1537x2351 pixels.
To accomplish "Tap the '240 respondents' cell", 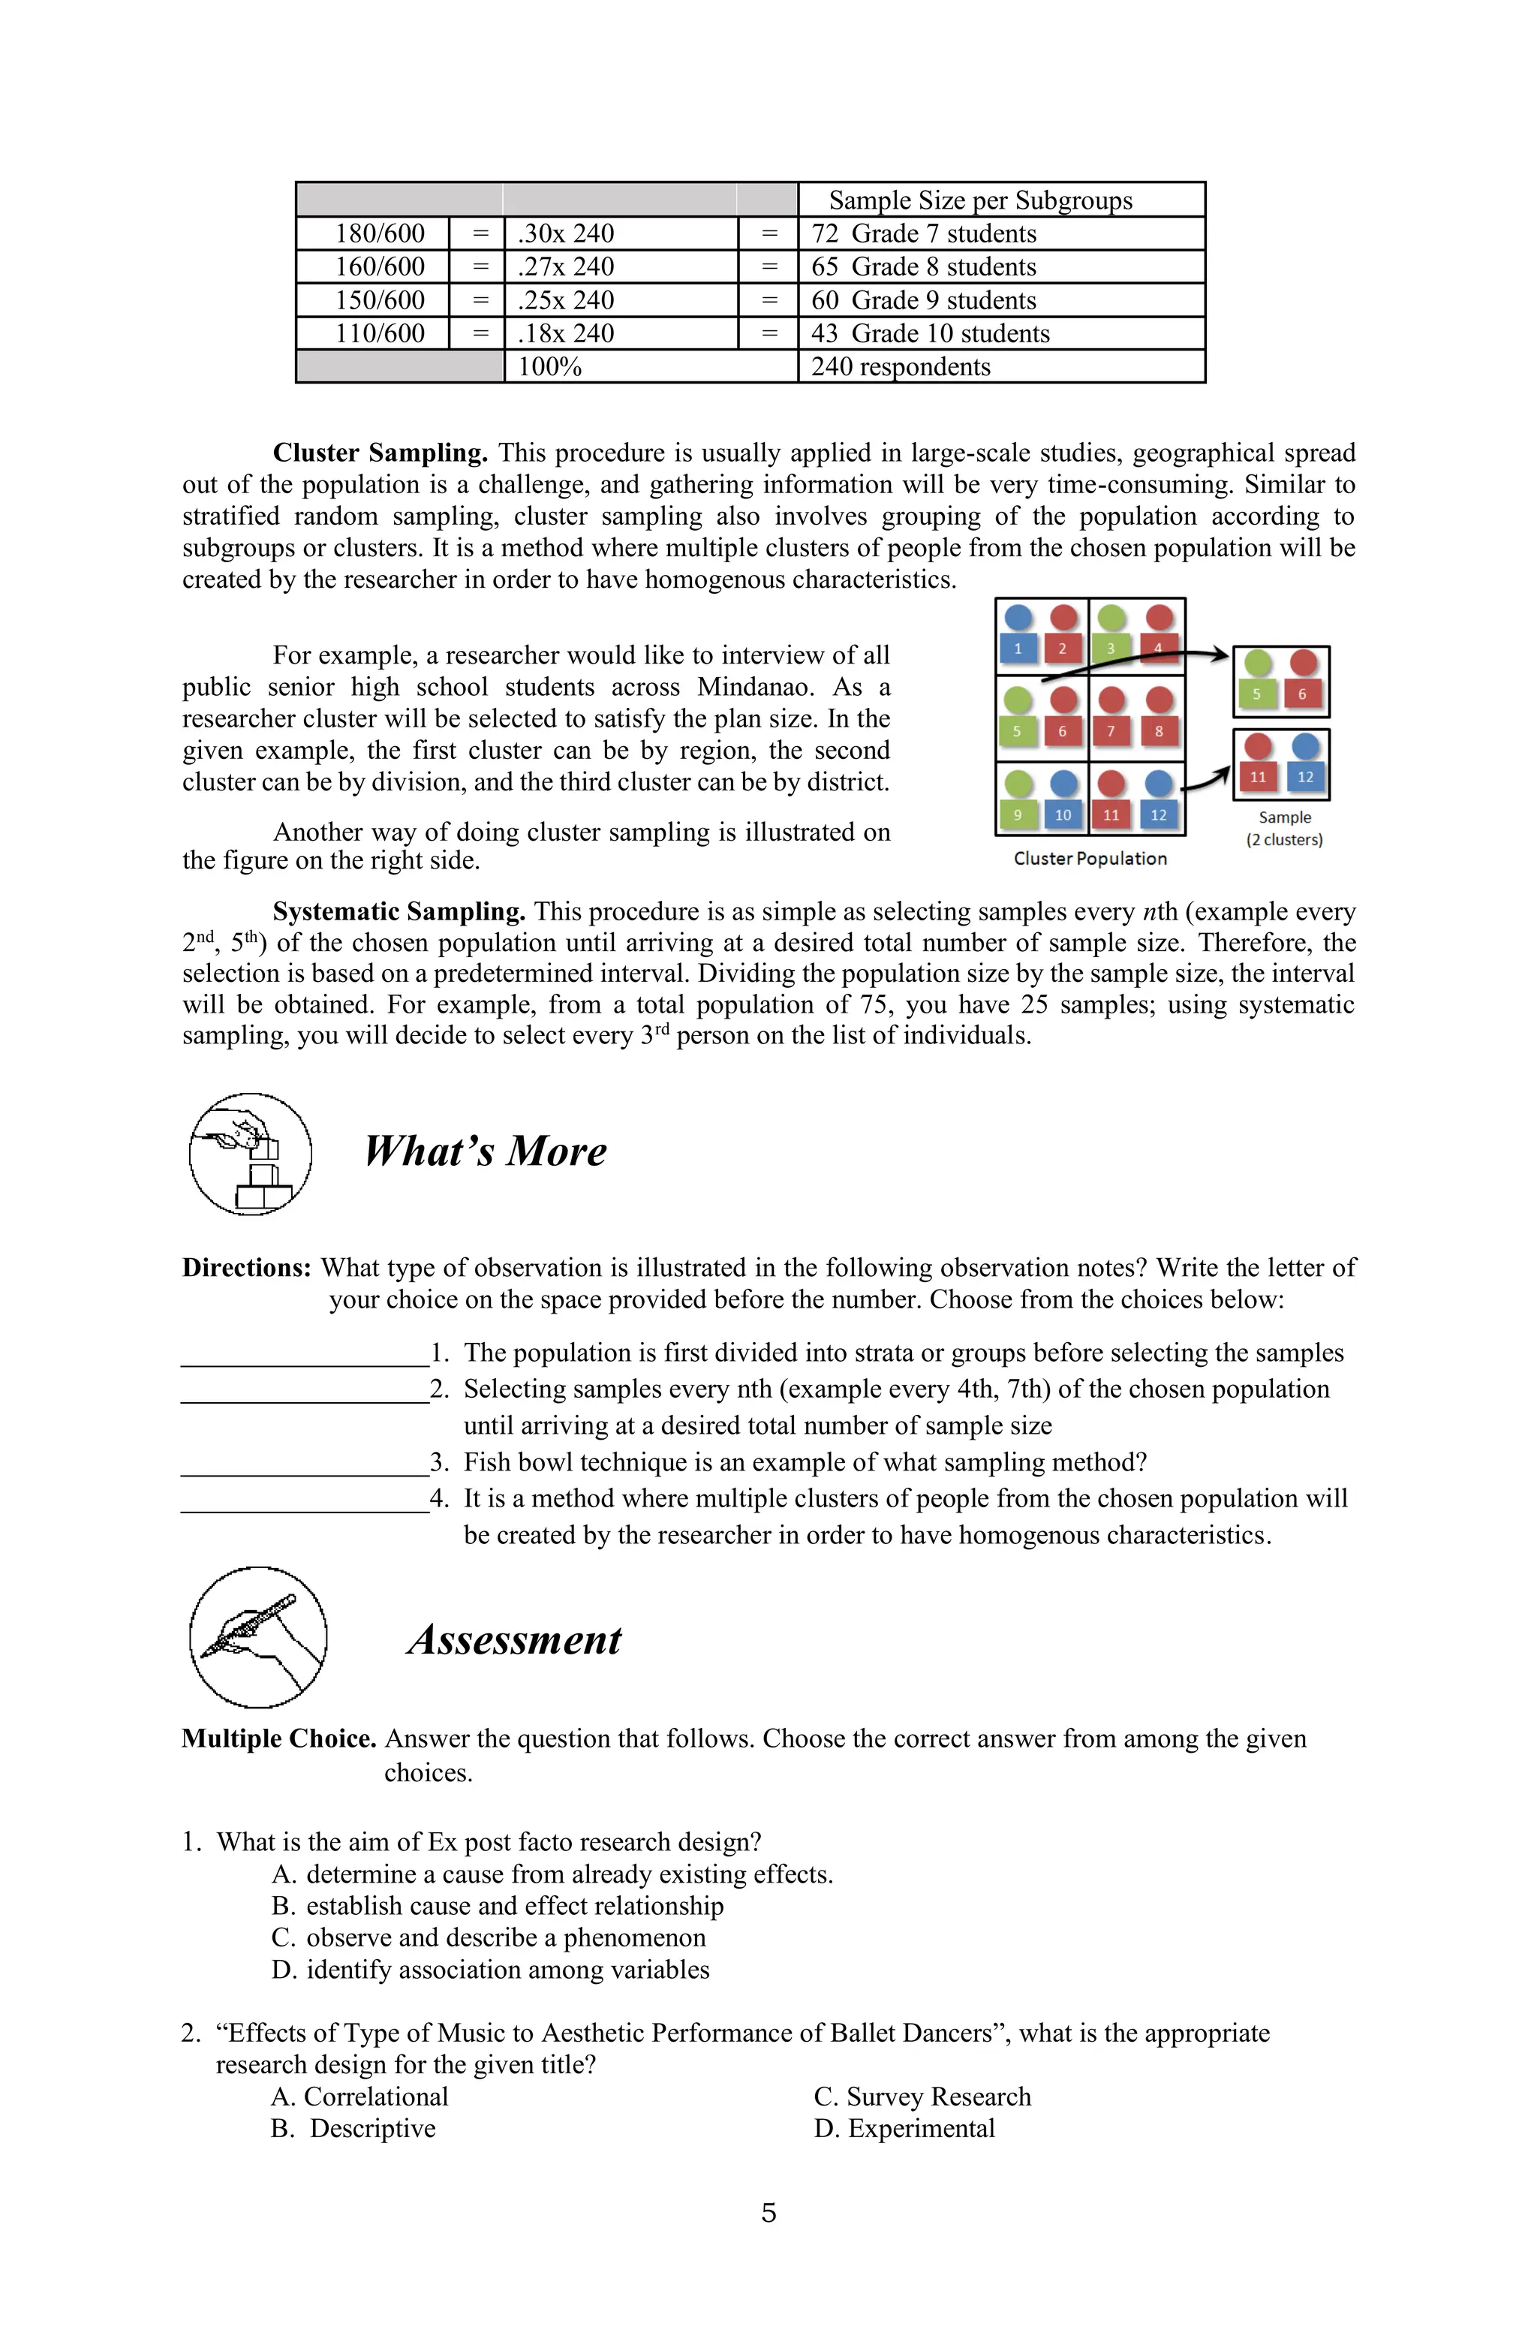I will click(x=900, y=368).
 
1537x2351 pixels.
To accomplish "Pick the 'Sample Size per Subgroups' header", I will click(x=980, y=200).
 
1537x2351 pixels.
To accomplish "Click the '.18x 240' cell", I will click(x=565, y=334).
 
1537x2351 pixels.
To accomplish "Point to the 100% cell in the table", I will click(x=549, y=368).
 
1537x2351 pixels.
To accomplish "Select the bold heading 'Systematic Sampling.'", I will click(x=398, y=912).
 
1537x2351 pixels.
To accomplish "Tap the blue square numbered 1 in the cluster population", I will click(x=1018, y=649).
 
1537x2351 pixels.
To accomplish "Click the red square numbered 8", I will click(x=1159, y=732).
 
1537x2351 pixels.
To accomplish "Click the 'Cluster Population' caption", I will click(x=1090, y=859).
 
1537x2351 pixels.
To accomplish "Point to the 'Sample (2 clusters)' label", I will click(x=1284, y=829).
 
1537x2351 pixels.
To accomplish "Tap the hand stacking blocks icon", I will click(x=251, y=1154).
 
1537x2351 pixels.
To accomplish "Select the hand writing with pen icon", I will click(x=258, y=1637).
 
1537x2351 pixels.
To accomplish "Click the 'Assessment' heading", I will click(x=515, y=1640).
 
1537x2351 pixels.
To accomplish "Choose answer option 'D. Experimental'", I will click(x=904, y=2129).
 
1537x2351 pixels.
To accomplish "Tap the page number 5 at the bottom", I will click(x=768, y=2213).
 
